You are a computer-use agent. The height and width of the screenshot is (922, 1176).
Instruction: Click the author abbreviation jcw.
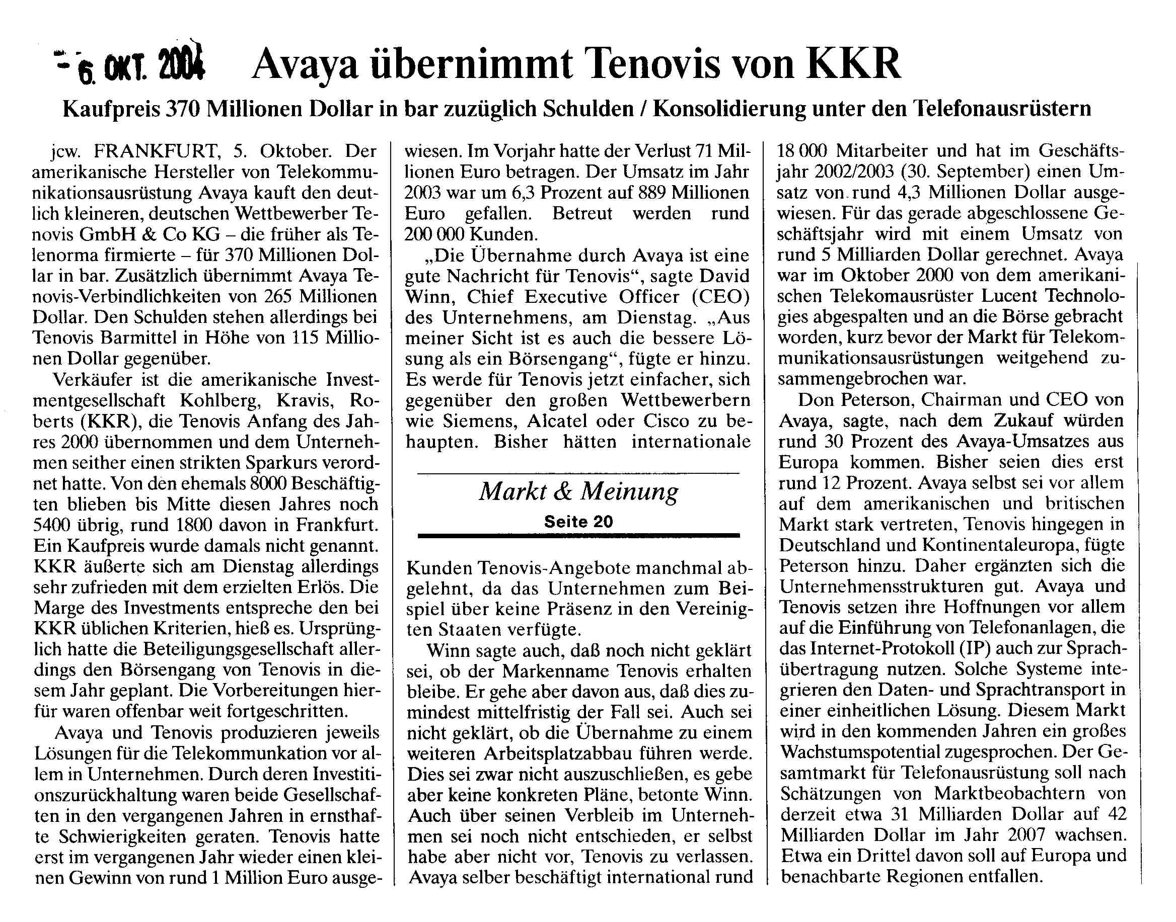[62, 152]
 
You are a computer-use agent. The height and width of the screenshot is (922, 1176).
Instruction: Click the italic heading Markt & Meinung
[578, 492]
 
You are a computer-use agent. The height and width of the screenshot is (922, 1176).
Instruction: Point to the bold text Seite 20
[578, 522]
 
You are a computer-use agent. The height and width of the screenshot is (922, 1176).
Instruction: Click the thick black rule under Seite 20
[578, 536]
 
